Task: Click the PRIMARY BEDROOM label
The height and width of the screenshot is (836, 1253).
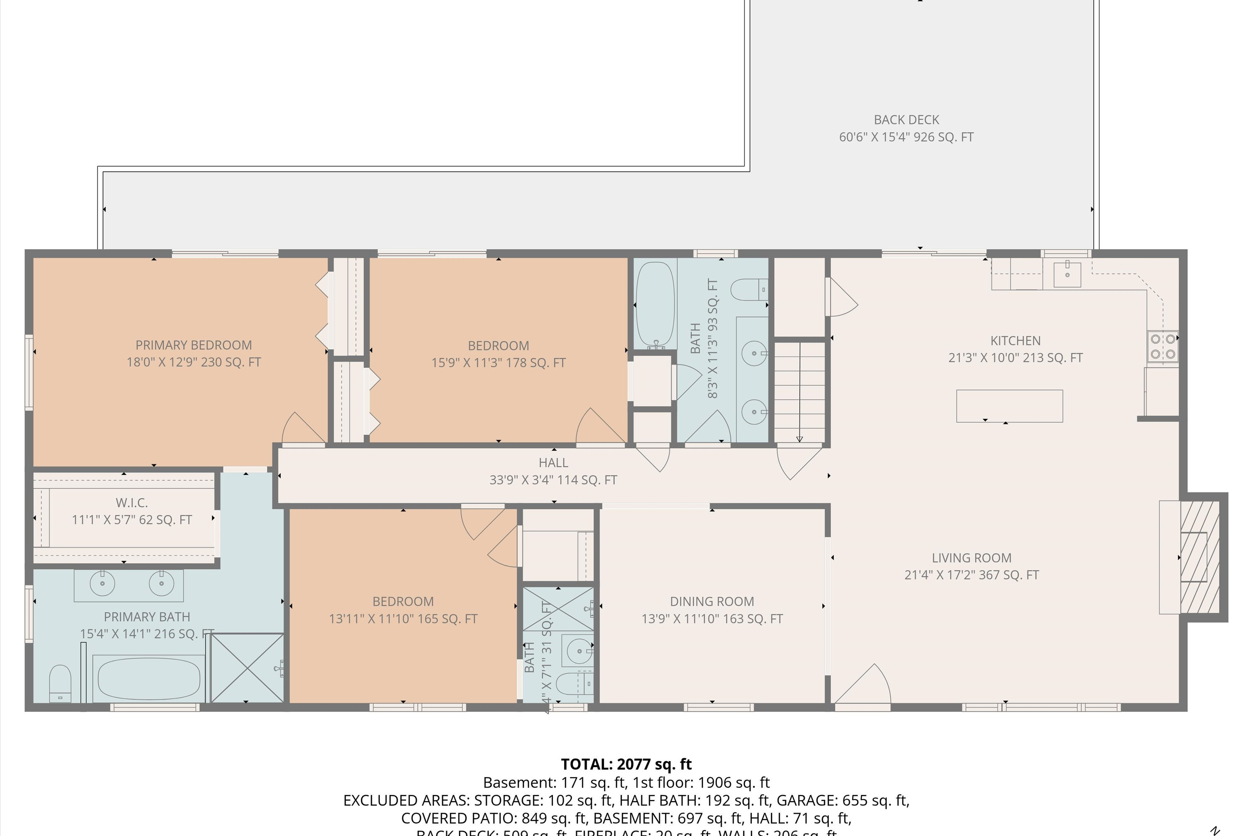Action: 193,345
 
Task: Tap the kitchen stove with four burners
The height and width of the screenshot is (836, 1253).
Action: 1162,346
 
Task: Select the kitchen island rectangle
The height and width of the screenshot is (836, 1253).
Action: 1009,406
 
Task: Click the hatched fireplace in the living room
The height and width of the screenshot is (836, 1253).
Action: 1200,557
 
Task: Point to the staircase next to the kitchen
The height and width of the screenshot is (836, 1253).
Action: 799,392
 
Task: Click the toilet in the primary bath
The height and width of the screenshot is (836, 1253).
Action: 60,684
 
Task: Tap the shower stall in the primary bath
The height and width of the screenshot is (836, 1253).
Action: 247,668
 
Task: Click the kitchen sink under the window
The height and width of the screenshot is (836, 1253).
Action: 1067,275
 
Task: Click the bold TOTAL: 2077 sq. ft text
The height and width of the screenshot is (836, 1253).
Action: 626,764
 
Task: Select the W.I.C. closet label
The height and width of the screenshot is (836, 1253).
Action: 132,503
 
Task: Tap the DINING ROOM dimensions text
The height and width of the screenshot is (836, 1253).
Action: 712,619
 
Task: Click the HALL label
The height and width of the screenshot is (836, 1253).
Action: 553,463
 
